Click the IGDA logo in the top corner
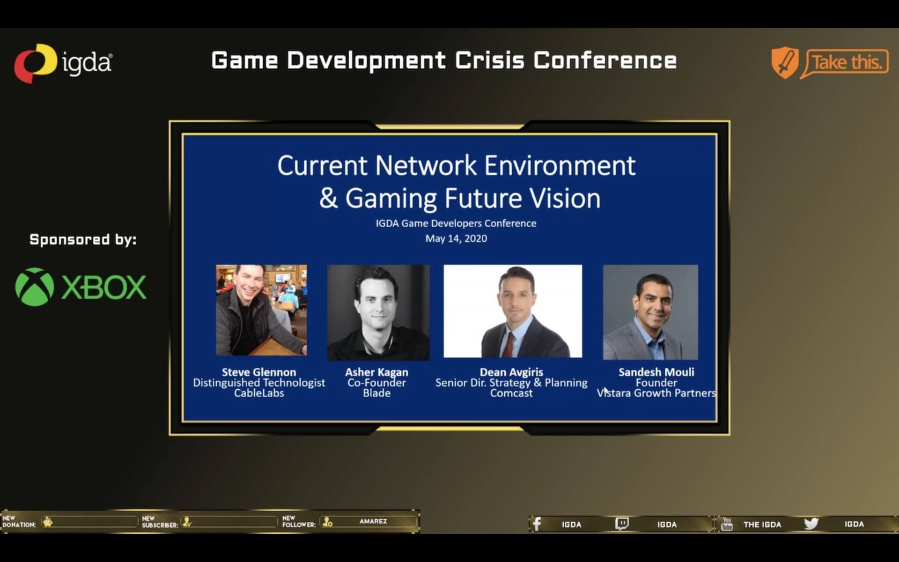(63, 63)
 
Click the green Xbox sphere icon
(34, 287)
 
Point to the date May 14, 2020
(456, 238)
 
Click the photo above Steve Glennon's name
(261, 310)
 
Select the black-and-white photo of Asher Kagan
(378, 312)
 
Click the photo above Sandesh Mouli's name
(650, 312)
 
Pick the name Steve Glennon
(259, 372)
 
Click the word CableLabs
(259, 393)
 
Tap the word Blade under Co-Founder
(376, 393)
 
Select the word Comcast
(511, 393)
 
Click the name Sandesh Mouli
(656, 372)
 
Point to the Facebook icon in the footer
(537, 524)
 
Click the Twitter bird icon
(811, 524)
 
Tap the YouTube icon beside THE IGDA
(727, 524)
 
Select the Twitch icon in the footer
(622, 524)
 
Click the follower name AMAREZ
(373, 521)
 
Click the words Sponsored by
(83, 240)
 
